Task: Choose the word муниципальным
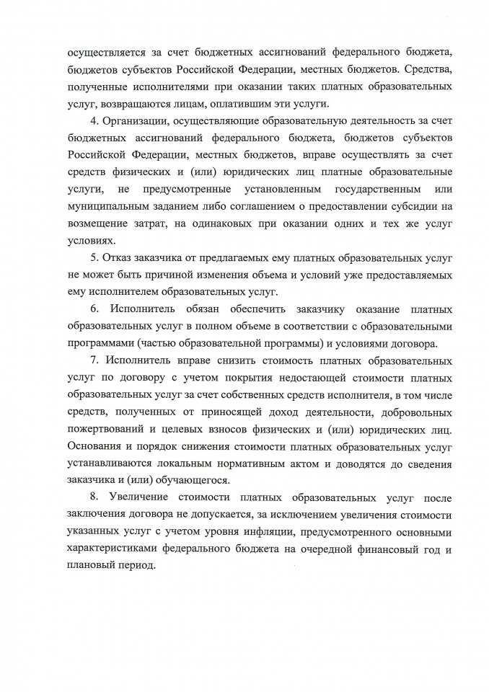click(x=107, y=207)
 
